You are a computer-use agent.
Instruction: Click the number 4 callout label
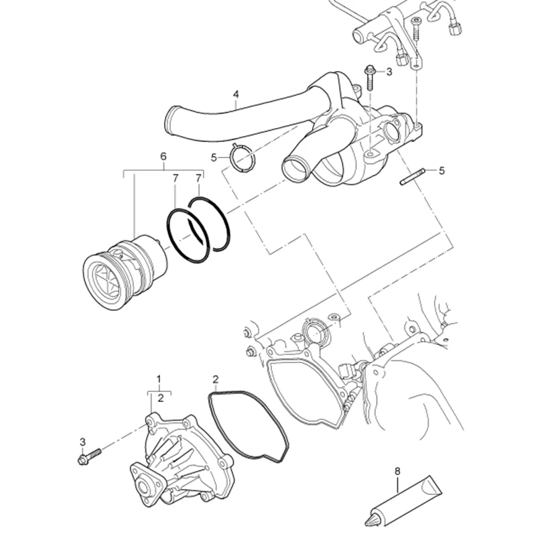tap(235, 94)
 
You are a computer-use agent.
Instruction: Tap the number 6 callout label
tap(163, 156)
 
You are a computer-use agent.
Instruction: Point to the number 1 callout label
tap(159, 379)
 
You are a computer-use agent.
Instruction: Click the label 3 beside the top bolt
tap(389, 71)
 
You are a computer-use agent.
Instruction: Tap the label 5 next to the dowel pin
tap(442, 171)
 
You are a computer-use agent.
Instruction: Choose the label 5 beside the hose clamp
tap(214, 157)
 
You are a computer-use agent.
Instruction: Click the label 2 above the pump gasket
tap(215, 379)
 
